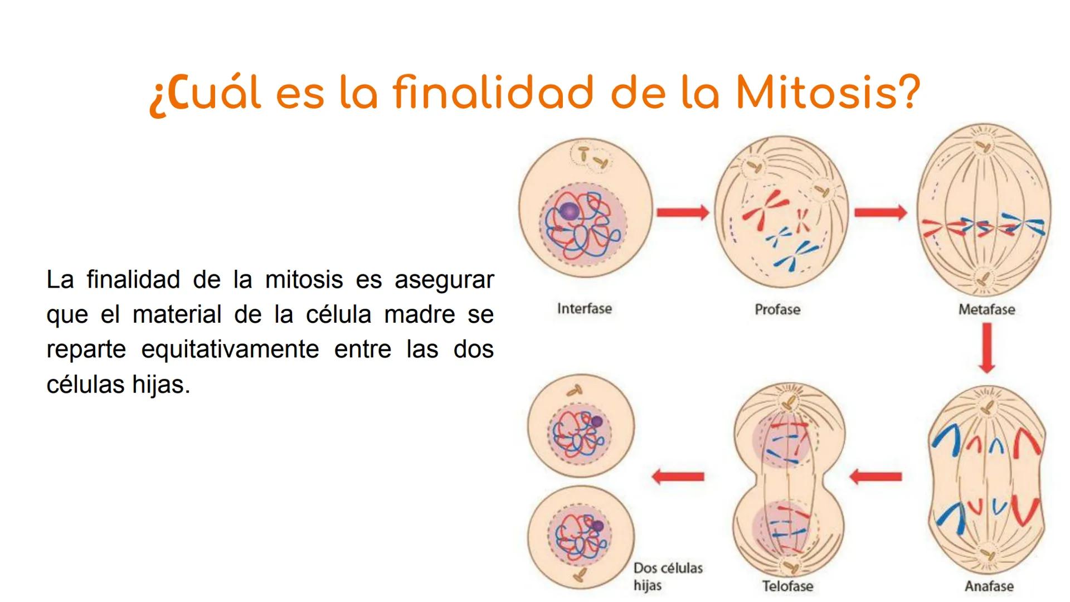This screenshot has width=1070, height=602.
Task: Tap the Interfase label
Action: click(x=585, y=309)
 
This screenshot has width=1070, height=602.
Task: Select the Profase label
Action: click(x=777, y=309)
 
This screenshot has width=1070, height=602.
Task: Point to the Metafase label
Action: click(x=986, y=309)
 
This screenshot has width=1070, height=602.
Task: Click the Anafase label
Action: click(x=989, y=586)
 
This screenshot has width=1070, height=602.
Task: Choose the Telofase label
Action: click(x=787, y=586)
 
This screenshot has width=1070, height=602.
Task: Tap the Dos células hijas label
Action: click(x=668, y=576)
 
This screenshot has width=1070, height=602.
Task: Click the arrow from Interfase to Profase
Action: click(x=683, y=212)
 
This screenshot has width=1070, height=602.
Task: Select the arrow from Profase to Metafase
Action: click(x=881, y=212)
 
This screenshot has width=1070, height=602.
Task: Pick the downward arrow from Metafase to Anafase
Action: click(x=987, y=348)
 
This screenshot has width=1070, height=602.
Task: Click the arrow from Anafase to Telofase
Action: click(x=876, y=477)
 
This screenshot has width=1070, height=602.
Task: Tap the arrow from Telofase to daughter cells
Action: click(x=678, y=477)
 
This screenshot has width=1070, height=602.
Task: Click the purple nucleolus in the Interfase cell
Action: click(x=570, y=211)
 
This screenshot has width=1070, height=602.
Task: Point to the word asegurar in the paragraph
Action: click(x=444, y=280)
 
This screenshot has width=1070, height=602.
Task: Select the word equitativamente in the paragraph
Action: click(x=230, y=349)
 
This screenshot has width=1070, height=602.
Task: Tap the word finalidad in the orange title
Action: click(x=493, y=93)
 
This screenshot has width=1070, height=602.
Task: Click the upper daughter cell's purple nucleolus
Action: click(x=597, y=421)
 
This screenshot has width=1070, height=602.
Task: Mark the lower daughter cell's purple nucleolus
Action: click(x=598, y=525)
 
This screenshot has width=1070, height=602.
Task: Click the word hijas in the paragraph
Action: click(x=161, y=385)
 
